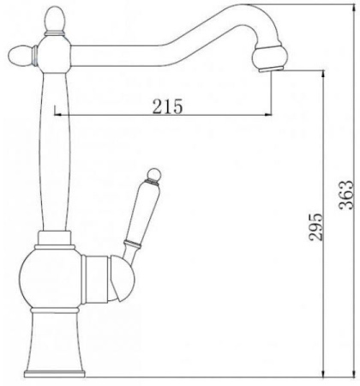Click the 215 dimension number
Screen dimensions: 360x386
167,106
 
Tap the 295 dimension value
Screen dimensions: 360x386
316,226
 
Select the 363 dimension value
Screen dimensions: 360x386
346,195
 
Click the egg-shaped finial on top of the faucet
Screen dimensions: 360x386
56,18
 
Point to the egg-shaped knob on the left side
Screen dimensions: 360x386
20,56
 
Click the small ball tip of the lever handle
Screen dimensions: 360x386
153,174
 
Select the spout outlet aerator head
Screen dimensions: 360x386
268,58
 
